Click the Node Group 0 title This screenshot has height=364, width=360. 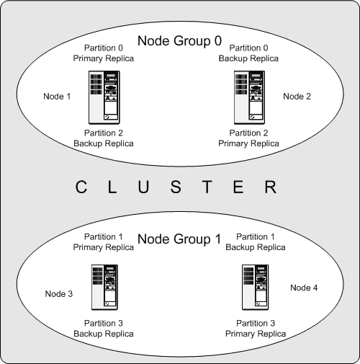tap(179, 42)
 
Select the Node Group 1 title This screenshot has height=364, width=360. tap(179, 239)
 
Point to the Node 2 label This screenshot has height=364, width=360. tap(297, 96)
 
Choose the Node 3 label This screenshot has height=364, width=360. tap(58, 293)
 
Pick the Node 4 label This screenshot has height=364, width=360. tap(303, 288)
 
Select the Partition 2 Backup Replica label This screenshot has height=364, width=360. tap(104, 138)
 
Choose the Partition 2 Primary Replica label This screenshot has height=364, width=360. tap(248, 138)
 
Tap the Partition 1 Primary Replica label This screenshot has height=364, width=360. tap(104, 242)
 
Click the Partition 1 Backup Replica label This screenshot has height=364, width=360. tap(255, 242)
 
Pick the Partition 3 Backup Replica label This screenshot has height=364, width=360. tap(104, 329)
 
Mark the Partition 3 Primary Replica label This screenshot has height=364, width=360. tap(256, 329)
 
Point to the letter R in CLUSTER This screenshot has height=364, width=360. tap(270, 189)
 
